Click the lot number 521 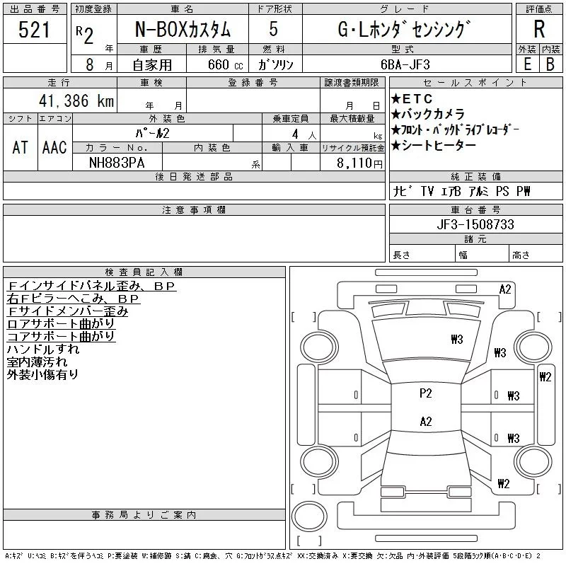click(35, 30)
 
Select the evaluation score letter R click(539, 29)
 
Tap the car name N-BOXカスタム click(182, 30)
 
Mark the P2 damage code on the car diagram click(425, 393)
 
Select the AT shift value click(21, 148)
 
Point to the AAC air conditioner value click(54, 148)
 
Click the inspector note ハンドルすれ click(42, 350)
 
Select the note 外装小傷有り click(42, 375)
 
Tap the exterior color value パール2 click(153, 133)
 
